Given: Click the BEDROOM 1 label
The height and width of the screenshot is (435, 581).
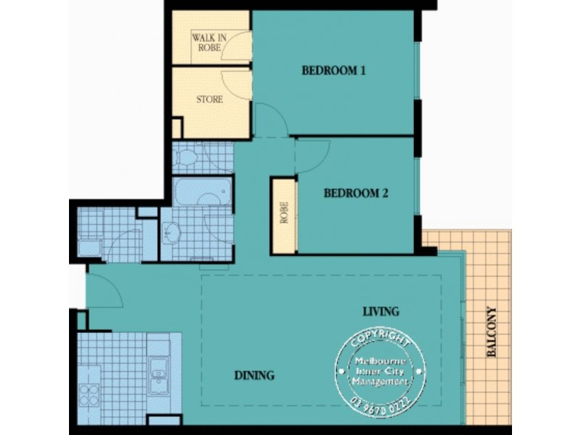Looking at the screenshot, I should click(333, 71).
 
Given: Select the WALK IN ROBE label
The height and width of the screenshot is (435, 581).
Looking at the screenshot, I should click(207, 42).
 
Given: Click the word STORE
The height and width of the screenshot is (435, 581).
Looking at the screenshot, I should click(209, 99).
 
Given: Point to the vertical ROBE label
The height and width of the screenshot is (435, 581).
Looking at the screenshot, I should click(285, 216).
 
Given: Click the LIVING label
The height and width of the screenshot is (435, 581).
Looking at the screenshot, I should click(381, 312).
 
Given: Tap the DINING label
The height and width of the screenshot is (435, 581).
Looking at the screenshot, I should click(253, 376).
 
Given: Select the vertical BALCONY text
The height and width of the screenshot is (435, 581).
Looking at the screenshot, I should click(492, 332).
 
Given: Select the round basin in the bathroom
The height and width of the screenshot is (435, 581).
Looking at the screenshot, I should click(173, 233).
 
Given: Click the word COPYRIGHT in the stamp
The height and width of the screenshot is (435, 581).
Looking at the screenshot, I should click(377, 339).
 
